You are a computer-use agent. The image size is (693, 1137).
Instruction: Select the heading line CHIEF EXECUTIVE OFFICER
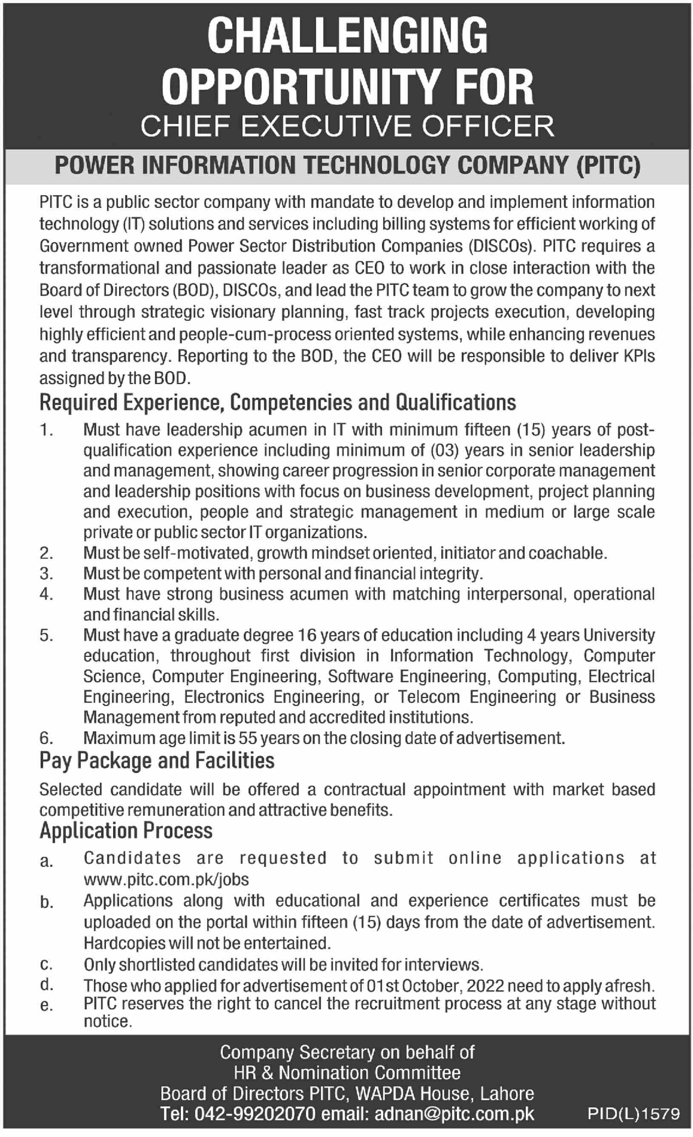click(347, 126)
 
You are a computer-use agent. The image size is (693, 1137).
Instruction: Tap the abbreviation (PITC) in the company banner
click(608, 166)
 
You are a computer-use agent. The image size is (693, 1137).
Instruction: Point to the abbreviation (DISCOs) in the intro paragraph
click(499, 246)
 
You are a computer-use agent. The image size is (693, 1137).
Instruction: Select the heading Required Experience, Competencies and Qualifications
click(277, 403)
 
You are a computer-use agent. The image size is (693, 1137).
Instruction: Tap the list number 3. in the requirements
click(46, 573)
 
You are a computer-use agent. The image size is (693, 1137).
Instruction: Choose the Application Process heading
click(126, 831)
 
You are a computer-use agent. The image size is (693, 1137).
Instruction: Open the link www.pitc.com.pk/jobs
click(166, 879)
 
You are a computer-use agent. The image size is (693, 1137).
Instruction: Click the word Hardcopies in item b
click(124, 943)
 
